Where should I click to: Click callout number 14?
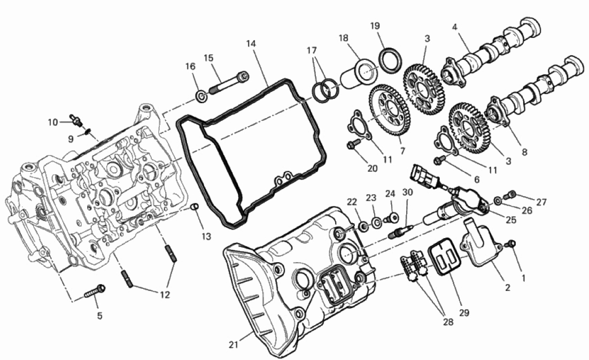pos(251,43)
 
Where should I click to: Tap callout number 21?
pos(233,344)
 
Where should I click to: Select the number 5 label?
pos(99,316)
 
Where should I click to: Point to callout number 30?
pos(408,193)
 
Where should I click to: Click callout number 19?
pos(375,26)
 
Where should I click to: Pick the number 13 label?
pos(206,236)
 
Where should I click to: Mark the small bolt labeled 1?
pos(511,244)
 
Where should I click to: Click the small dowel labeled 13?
pos(195,207)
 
